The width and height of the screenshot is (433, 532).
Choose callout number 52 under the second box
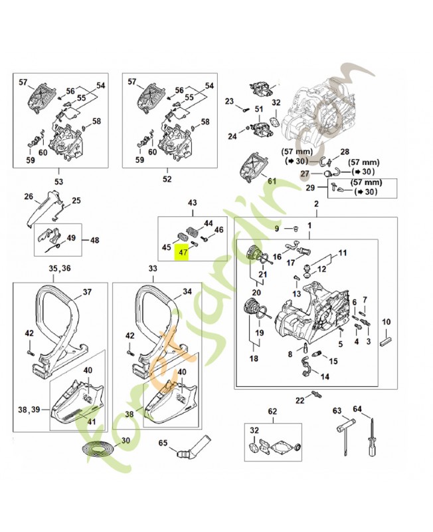[x=167, y=180]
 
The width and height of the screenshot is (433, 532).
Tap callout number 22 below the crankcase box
[x=300, y=399]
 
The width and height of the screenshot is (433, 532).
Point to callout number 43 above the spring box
[x=193, y=202]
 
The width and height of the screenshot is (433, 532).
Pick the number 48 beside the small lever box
[x=94, y=240]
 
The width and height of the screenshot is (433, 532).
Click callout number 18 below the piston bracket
[x=252, y=358]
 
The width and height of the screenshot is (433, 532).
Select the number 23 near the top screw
[x=229, y=102]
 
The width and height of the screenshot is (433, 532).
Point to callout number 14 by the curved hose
[x=325, y=376]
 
